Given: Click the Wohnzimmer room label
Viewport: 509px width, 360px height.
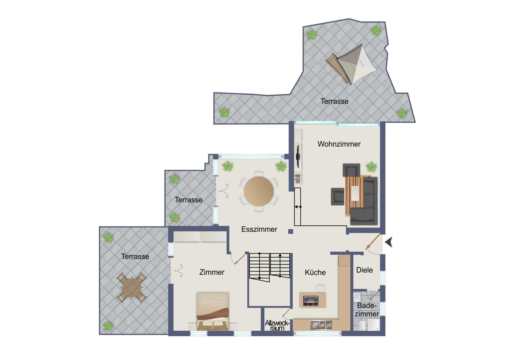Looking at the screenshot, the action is click(339, 144).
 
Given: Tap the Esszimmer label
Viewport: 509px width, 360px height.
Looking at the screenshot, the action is click(259, 229).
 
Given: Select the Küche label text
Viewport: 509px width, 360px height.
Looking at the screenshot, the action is click(315, 272).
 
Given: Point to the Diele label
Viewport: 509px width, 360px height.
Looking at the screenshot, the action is click(364, 270).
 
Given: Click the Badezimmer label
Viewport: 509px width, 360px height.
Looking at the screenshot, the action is click(367, 310).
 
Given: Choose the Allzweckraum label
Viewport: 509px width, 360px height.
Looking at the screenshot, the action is click(277, 326).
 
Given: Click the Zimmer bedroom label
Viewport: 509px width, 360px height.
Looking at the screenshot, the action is click(212, 272).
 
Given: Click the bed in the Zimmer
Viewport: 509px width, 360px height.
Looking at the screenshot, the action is click(213, 311).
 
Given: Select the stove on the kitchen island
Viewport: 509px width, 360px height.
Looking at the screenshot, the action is click(311, 300).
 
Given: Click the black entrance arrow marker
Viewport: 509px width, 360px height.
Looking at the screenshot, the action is click(389, 242).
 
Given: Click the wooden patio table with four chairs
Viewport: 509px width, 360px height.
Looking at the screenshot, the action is click(131, 288).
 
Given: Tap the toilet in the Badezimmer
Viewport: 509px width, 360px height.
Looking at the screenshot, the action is click(362, 326).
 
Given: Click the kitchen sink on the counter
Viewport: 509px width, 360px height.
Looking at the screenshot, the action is click(321, 325).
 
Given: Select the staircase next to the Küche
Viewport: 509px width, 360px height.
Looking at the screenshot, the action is click(269, 266).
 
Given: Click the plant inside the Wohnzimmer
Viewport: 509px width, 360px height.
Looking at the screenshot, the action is click(371, 167).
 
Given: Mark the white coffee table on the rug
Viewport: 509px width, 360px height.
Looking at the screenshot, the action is click(355, 193).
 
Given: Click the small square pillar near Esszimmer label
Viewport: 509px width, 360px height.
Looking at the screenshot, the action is click(291, 231).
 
